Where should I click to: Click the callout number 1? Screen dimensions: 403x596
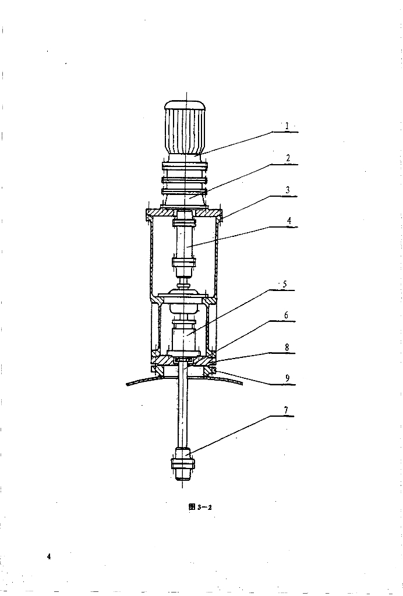288,126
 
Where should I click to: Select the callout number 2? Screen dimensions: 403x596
288,158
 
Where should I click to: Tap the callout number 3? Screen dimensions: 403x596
288,190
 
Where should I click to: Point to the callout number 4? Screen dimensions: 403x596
289,221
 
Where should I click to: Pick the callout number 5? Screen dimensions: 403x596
285,284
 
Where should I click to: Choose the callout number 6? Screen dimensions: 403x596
287,315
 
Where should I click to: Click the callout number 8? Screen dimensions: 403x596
287,347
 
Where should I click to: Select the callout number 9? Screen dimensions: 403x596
288,378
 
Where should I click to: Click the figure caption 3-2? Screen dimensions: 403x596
200,507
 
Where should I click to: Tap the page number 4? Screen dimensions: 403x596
49,556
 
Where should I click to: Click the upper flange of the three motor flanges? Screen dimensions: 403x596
185,166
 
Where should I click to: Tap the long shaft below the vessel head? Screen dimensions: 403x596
183,406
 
